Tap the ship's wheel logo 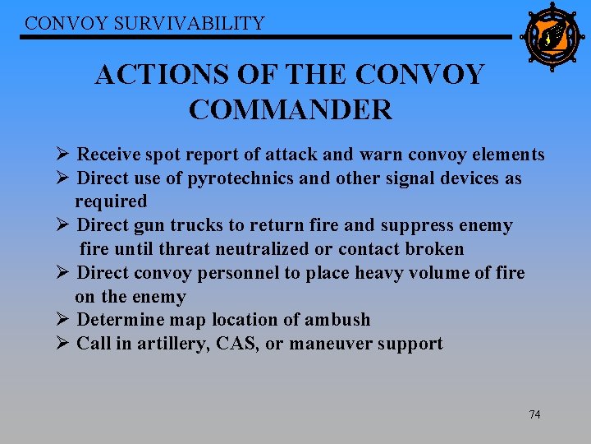pos(552,37)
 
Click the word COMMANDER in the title pos(291,109)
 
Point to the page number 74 pos(534,414)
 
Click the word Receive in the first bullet pos(108,155)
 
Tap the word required pos(111,201)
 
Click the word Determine pos(116,319)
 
